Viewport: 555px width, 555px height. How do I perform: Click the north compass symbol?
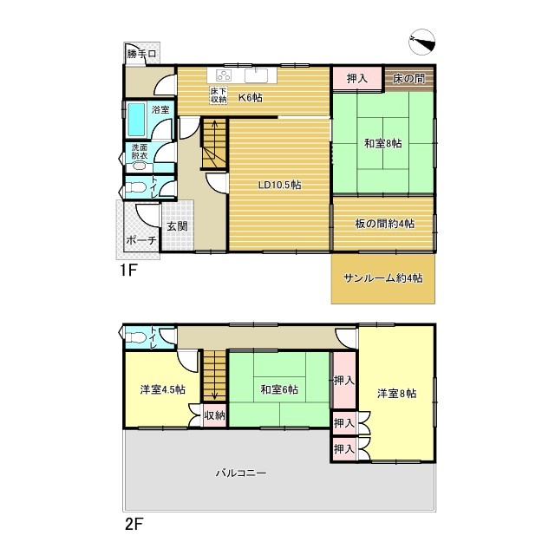(421, 42)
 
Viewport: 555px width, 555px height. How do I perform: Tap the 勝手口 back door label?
(141, 54)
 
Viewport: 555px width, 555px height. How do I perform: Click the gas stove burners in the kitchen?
(224, 75)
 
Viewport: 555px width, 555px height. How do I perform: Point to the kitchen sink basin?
(257, 75)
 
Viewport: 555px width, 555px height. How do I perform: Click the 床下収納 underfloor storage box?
(219, 95)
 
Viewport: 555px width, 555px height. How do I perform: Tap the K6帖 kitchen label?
(251, 97)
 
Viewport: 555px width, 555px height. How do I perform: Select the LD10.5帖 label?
(279, 185)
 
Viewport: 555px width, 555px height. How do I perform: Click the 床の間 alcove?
(409, 78)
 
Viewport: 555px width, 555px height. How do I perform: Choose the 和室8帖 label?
(383, 144)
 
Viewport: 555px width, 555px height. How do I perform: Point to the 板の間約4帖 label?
(384, 224)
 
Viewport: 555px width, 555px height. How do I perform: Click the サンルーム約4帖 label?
(383, 278)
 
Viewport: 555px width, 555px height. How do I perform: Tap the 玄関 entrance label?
(177, 225)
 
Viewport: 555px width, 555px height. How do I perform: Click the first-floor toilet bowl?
(135, 187)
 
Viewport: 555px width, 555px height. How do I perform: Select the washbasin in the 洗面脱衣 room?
(140, 166)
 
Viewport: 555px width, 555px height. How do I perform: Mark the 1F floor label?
(128, 271)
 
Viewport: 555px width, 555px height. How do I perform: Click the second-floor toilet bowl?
(135, 337)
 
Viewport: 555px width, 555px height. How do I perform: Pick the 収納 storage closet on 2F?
(214, 415)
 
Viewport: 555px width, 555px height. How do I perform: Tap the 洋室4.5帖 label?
(162, 389)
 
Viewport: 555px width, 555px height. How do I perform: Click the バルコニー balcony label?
(241, 473)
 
